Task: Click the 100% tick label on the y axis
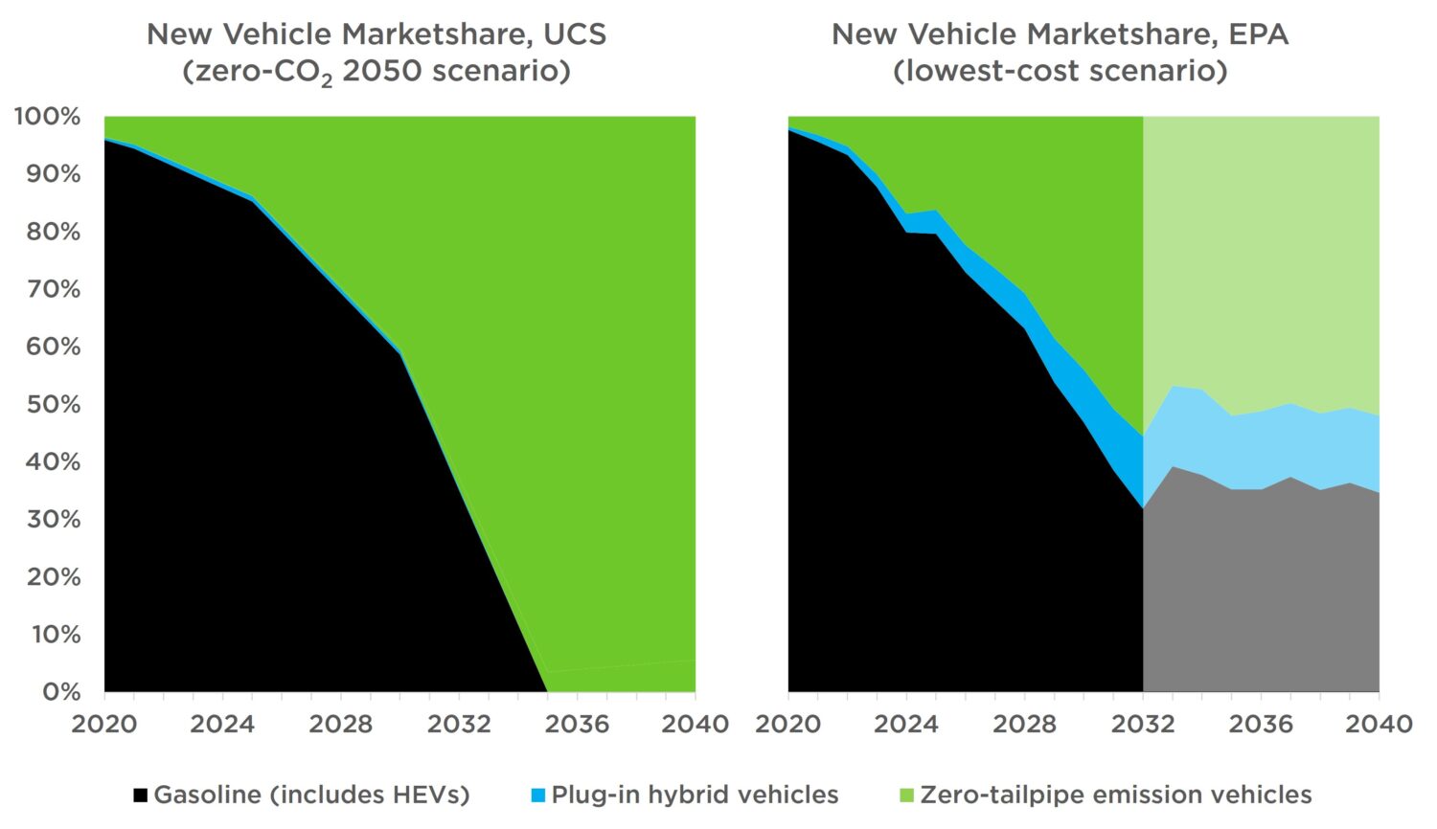(x=47, y=117)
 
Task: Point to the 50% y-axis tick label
(x=53, y=404)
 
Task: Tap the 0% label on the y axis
(x=60, y=691)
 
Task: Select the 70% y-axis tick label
(x=53, y=289)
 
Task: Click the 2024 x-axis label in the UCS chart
(x=222, y=724)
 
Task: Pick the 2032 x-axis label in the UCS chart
(x=459, y=724)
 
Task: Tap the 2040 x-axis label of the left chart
(x=695, y=724)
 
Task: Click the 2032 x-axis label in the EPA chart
(x=1143, y=724)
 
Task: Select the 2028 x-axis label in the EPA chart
(x=1024, y=724)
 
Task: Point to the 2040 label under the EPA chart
(x=1379, y=724)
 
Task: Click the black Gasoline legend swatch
(x=141, y=795)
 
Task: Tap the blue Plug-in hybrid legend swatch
(x=538, y=795)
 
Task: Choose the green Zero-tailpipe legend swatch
(x=907, y=795)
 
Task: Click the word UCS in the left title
(x=575, y=34)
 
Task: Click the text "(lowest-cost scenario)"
(x=1060, y=72)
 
